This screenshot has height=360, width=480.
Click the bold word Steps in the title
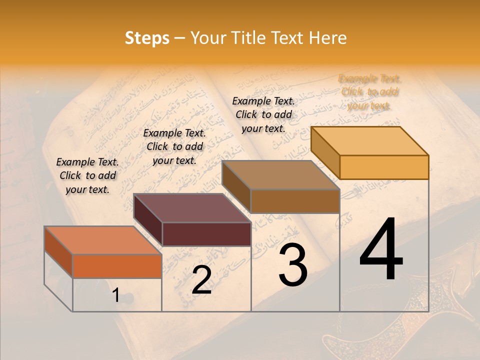(147, 38)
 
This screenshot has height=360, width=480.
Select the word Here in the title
(327, 38)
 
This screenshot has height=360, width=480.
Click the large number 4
(381, 250)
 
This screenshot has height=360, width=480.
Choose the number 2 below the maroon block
(201, 280)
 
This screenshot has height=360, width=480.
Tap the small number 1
(116, 295)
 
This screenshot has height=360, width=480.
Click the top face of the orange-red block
(102, 240)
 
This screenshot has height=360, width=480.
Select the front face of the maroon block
(206, 234)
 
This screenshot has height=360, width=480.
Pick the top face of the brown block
(280, 175)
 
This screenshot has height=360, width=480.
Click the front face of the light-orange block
(384, 167)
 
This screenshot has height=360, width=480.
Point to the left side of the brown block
(236, 186)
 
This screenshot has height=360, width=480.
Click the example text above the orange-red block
(87, 175)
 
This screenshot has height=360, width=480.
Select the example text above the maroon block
(174, 146)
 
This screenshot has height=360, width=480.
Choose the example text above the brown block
(263, 114)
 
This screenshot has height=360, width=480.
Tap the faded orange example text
(369, 92)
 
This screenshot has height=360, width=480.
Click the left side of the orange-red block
(58, 252)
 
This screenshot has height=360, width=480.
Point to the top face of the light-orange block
(369, 140)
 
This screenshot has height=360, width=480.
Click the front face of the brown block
(295, 201)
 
